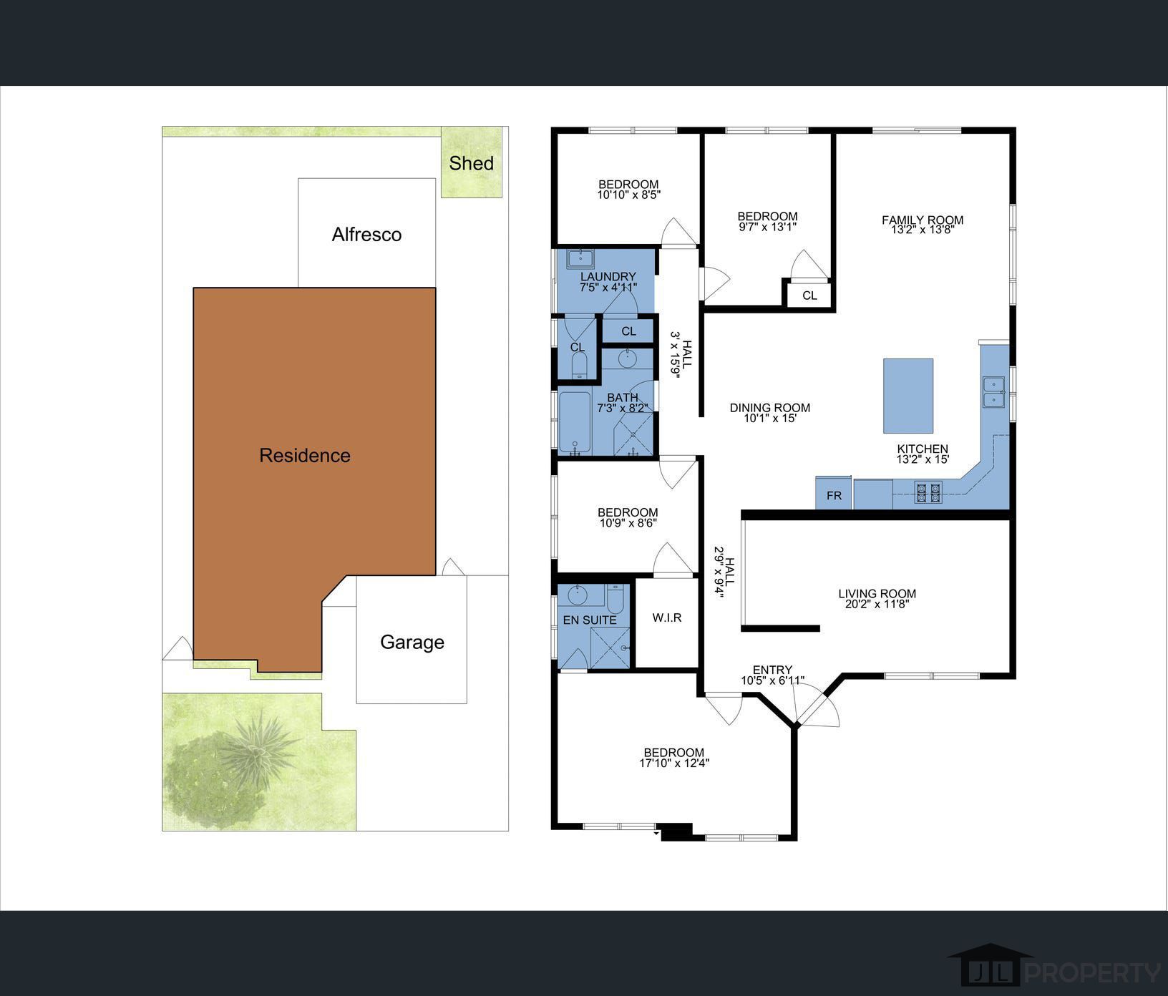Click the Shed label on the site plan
point(471,163)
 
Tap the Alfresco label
point(366,235)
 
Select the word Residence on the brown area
point(305,456)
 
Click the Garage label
point(412,642)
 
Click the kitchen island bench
point(907,396)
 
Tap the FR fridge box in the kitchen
point(834,495)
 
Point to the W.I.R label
point(666,617)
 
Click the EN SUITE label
point(590,620)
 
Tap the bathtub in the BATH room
point(573,422)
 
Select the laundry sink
point(580,258)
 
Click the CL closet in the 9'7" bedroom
point(809,296)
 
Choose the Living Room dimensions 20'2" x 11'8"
point(877,604)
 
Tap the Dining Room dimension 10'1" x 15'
point(769,418)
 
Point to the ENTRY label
point(772,670)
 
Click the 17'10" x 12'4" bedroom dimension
point(673,763)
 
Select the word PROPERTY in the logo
point(1092,972)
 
